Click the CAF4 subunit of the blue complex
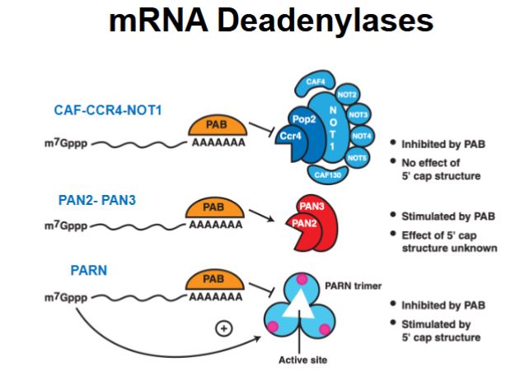pyautogui.click(x=316, y=82)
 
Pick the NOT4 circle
pyautogui.click(x=362, y=135)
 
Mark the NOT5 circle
pyautogui.click(x=357, y=157)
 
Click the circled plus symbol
pyautogui.click(x=222, y=328)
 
